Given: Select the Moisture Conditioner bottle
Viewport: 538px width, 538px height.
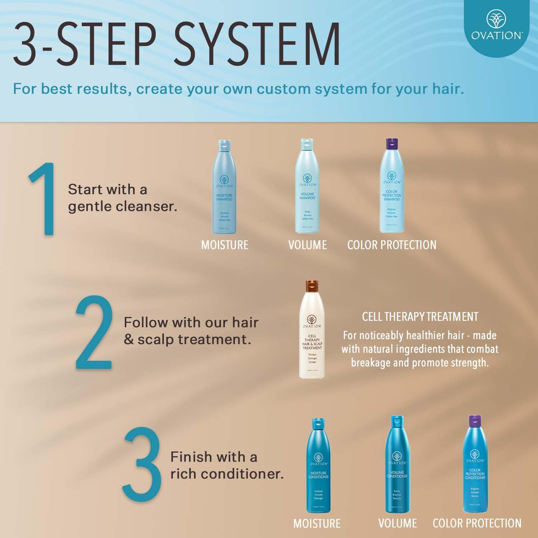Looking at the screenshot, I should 318,470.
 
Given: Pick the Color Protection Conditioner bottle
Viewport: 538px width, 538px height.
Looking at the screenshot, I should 475,470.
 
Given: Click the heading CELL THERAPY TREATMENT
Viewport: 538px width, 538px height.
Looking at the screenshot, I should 420,317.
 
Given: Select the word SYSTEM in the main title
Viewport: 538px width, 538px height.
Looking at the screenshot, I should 258,44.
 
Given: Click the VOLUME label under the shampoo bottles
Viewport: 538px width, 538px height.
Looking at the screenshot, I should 307,245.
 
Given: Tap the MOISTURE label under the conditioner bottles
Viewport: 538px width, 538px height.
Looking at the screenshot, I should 317,523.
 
